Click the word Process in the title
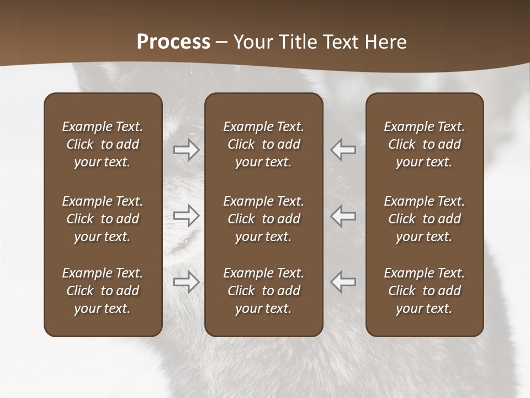coord(173,42)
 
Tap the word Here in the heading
coord(385,42)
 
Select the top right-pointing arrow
coord(187,150)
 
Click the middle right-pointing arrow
coord(187,216)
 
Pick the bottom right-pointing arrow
coord(187,282)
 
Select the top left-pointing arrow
coord(343,150)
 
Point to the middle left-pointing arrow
coord(343,216)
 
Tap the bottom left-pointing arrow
coord(343,282)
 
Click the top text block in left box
coord(103,144)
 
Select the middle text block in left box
coord(103,219)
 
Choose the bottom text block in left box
coord(103,291)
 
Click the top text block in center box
coord(263,144)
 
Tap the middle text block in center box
coord(263,219)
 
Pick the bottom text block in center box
coord(263,291)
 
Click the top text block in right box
coord(424,144)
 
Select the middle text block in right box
coord(424,219)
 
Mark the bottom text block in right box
coord(424,291)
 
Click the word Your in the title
coord(253,42)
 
